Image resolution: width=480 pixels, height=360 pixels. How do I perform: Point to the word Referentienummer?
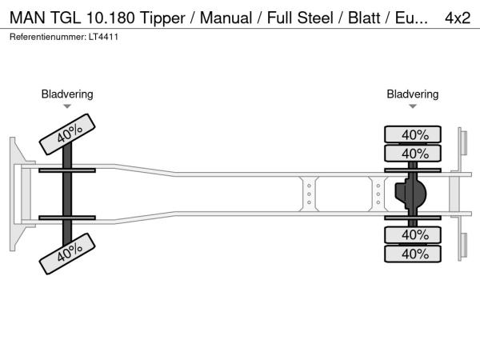coord(46,37)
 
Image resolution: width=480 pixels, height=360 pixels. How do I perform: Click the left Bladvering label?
coord(67,94)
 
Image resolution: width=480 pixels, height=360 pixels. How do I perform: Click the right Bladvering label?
coord(413,94)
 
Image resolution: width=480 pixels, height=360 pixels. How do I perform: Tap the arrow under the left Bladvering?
coord(67,106)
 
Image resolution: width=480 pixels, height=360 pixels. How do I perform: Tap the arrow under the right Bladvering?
coord(413,106)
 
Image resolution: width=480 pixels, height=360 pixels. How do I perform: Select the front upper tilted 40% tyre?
coord(69,133)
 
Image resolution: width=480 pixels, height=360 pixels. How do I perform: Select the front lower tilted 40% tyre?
coord(69,254)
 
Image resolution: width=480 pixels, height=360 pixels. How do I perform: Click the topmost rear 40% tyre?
coord(414,134)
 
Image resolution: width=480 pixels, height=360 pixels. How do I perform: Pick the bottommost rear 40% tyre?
coord(414,254)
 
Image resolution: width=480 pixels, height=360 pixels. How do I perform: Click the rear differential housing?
coord(410,194)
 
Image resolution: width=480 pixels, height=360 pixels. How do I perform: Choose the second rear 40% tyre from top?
coord(414,153)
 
